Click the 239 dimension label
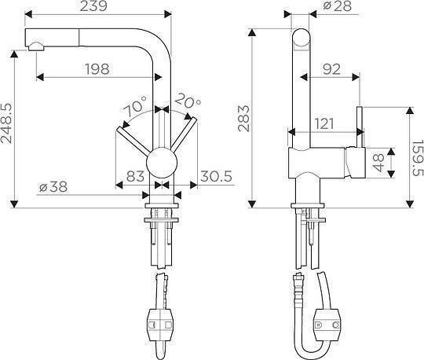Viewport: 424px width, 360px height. (x=93, y=6)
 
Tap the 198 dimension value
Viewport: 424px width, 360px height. (x=97, y=69)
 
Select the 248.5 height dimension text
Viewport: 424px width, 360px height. (x=6, y=123)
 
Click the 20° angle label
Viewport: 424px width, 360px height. (x=188, y=101)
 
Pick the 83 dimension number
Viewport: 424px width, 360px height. (x=135, y=176)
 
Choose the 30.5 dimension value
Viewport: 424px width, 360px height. (x=217, y=176)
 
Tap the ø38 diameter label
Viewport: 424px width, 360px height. (x=53, y=187)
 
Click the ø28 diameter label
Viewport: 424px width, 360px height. (x=338, y=6)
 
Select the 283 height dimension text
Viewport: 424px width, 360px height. (x=243, y=118)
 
